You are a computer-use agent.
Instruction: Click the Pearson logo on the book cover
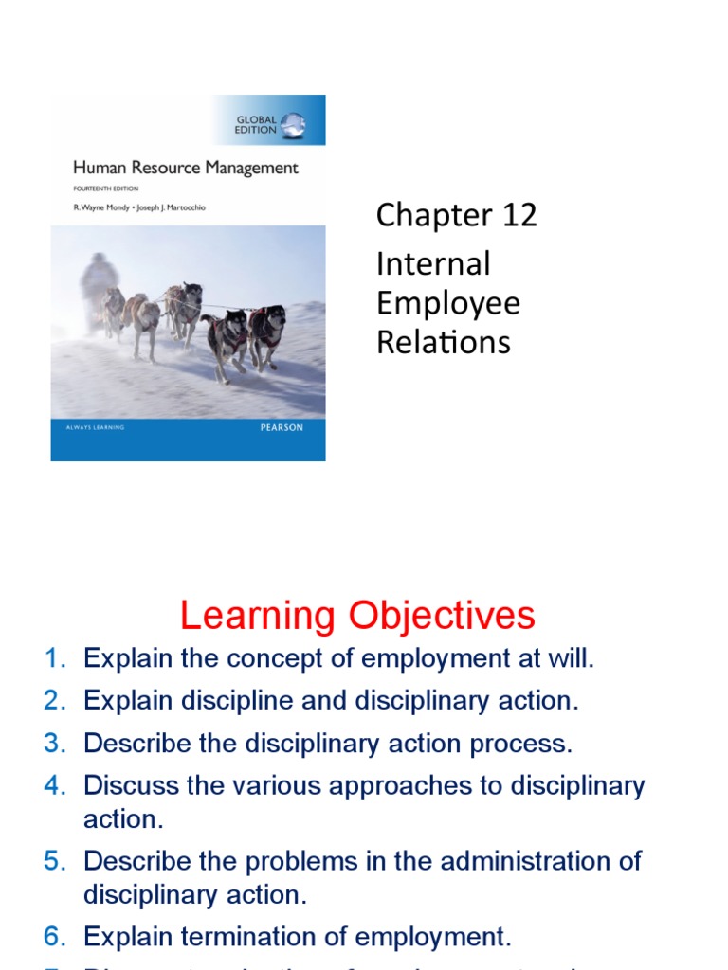pos(282,428)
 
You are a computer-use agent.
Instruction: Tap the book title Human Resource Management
pos(186,169)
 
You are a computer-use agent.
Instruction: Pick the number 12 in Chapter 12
pos(519,215)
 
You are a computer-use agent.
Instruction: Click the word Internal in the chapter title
pos(433,263)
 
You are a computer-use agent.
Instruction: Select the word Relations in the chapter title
pos(443,341)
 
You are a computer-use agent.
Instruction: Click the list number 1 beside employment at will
pos(53,659)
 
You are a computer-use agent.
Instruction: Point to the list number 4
pos(53,785)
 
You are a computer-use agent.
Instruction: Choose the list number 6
pos(53,937)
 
